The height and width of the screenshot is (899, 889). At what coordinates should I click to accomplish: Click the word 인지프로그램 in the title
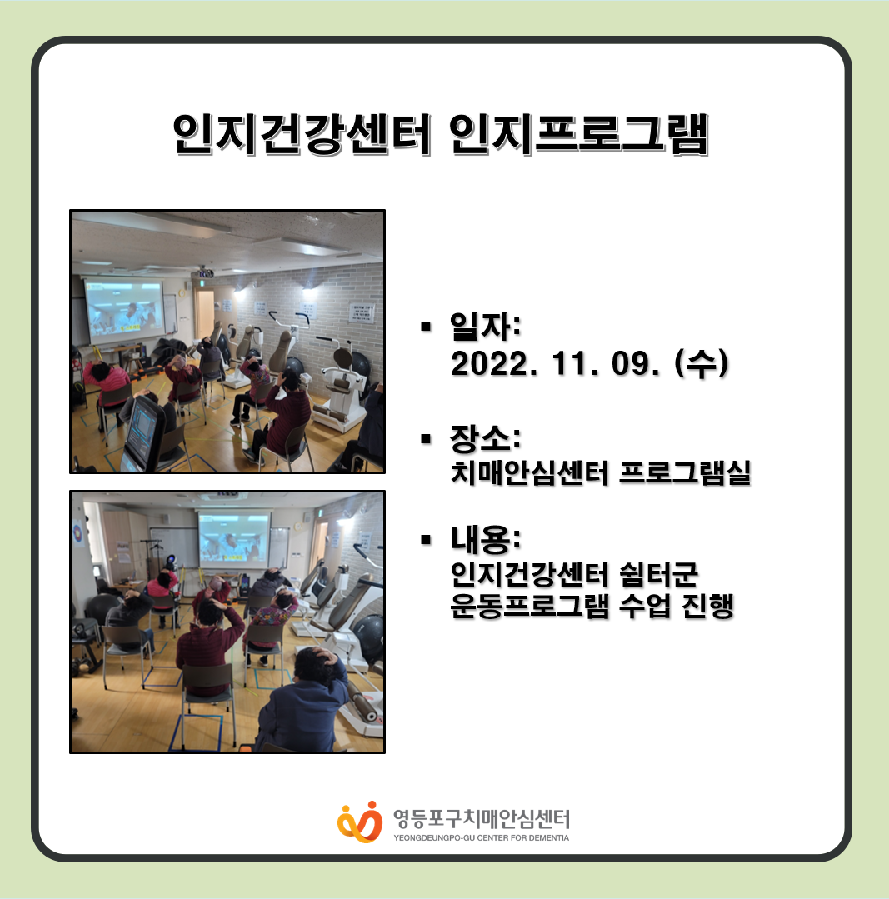pos(579,134)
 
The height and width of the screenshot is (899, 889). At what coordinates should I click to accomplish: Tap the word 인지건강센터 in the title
pos(302,134)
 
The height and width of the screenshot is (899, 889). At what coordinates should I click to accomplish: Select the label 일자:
pos(486,326)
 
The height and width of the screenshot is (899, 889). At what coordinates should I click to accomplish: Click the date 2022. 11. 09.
pos(555,363)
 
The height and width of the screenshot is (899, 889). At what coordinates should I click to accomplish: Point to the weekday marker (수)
pos(702,363)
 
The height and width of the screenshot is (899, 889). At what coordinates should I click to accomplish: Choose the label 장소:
pos(486,438)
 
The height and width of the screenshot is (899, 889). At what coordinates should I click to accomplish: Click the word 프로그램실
pos(685,473)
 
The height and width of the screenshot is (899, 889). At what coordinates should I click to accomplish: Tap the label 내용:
pos(486,539)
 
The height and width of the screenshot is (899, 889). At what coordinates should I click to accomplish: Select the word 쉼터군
pos(658,575)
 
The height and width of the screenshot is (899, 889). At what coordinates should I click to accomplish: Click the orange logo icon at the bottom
pos(360,822)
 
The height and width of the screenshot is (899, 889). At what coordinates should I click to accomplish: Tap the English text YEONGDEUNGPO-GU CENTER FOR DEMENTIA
pos(481,837)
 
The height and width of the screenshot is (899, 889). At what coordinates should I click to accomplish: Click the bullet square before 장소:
pos(425,439)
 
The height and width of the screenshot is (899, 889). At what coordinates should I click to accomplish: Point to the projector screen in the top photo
pos(124,308)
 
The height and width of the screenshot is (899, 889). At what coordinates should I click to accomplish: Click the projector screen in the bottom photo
pos(233,537)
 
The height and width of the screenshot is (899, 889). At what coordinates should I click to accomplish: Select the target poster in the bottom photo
pos(77,534)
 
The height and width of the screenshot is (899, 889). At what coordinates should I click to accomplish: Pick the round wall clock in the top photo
pos(182,293)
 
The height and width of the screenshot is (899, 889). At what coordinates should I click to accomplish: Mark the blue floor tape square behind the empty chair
pos(196,732)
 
